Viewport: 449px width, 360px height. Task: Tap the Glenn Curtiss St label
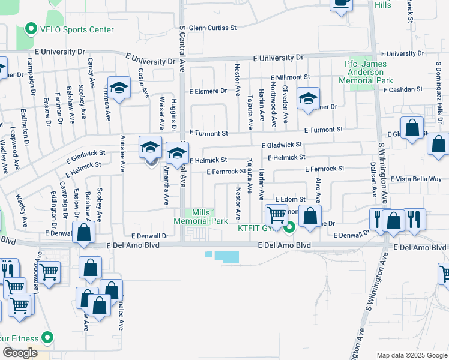point(212,28)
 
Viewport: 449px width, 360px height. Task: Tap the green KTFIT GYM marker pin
point(290,227)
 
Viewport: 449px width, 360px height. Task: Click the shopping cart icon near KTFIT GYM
point(276,215)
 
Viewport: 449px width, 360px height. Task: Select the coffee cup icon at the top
point(342,4)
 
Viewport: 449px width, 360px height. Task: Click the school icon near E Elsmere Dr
point(308,98)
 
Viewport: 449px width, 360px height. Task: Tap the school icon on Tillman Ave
point(119,88)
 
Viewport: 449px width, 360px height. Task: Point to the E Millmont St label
point(290,77)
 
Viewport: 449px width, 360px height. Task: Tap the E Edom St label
point(291,199)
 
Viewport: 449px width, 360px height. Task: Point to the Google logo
point(20,353)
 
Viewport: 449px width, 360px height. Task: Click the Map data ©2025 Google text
point(411,355)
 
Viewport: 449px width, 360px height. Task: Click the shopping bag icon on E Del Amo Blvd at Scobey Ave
point(83,232)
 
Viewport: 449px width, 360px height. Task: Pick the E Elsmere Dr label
point(208,92)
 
